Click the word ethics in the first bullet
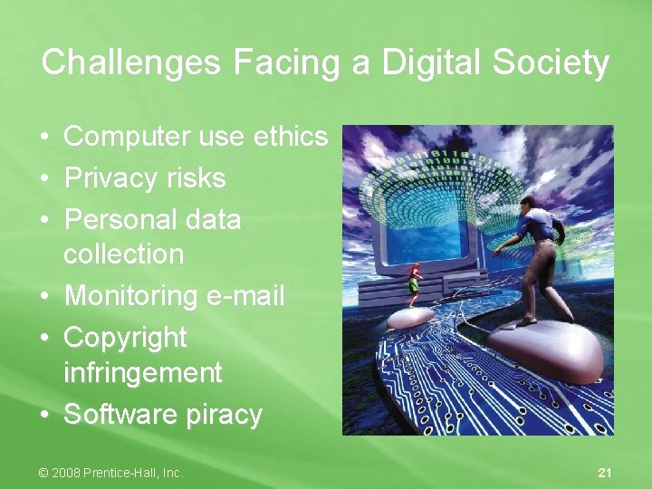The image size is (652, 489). [290, 137]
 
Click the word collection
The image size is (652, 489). [123, 254]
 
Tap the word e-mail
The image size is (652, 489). [246, 296]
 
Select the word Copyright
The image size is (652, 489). [125, 338]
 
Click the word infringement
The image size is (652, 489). [142, 372]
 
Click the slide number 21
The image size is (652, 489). [606, 473]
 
